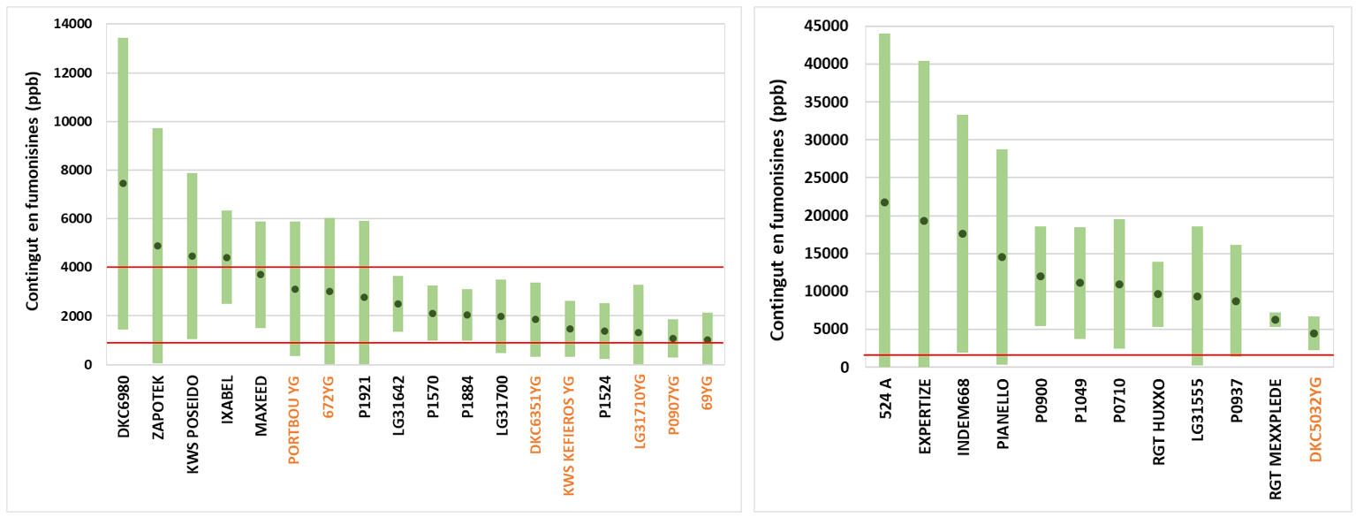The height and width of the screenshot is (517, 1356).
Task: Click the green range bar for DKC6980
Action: (x=123, y=106)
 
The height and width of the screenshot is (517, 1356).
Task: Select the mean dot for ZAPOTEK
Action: (x=157, y=246)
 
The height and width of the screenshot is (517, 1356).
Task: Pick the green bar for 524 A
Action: (x=884, y=106)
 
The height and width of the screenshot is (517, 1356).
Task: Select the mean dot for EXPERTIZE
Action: (x=924, y=221)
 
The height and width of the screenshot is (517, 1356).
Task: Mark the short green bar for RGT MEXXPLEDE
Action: (x=1275, y=320)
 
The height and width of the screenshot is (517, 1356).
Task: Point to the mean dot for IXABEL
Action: (x=226, y=258)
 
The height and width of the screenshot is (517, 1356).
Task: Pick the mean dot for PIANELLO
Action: (x=1002, y=257)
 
